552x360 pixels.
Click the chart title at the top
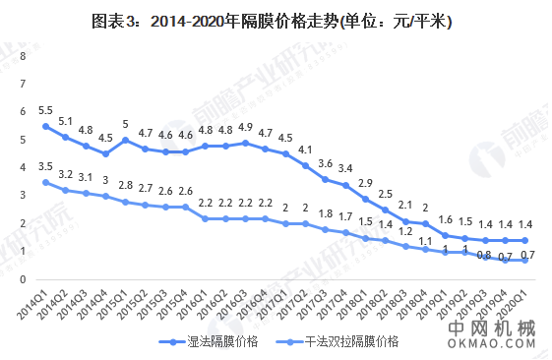tap(276, 21)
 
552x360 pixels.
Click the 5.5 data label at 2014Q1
tap(45, 110)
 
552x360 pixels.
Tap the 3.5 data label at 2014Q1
tap(45, 166)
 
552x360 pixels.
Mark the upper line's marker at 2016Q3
tap(245, 143)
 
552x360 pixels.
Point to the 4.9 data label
tap(245, 127)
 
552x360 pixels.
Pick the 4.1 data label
tap(304, 150)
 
